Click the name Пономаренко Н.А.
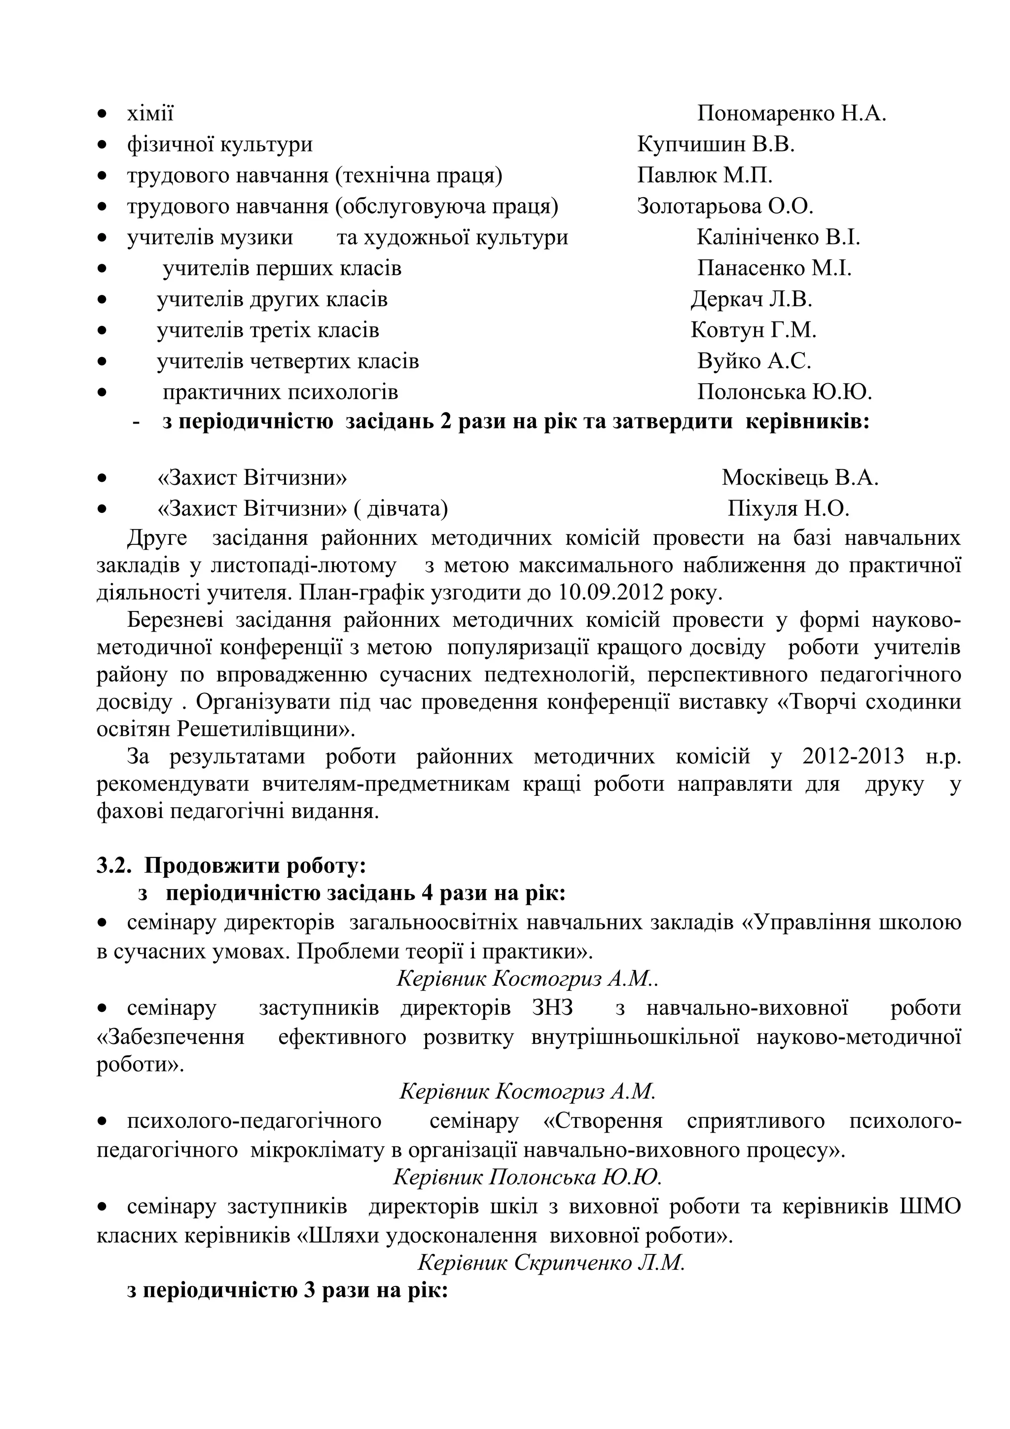click(x=791, y=113)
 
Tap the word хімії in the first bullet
click(x=150, y=113)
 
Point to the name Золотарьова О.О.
click(x=725, y=206)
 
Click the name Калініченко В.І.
click(x=778, y=237)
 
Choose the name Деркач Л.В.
click(x=751, y=299)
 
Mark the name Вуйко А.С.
click(x=754, y=361)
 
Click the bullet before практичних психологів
click(x=102, y=393)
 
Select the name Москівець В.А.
click(x=799, y=477)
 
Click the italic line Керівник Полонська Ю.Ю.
click(x=527, y=1177)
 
